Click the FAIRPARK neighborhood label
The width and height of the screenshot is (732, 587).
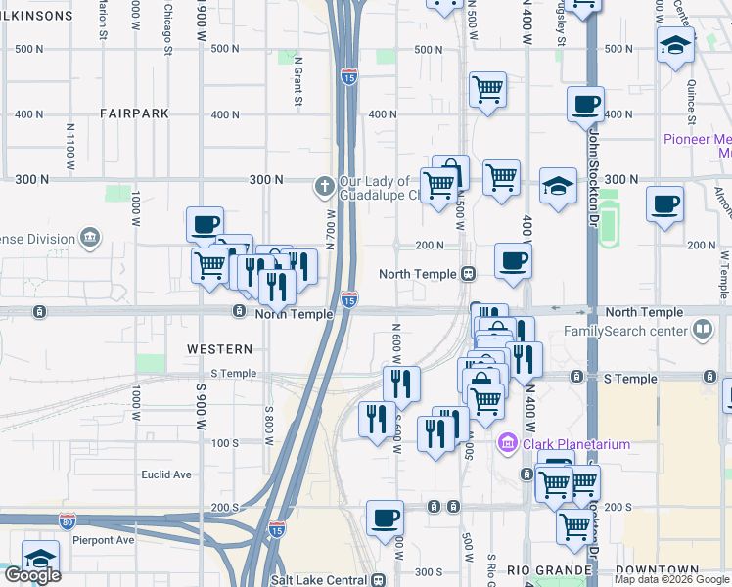coord(134,113)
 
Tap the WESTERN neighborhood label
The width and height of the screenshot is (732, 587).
coord(224,349)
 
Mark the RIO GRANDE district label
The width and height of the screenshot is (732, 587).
coord(548,570)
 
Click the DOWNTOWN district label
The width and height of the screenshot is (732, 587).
coord(659,570)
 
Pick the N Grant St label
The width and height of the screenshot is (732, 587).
coord(298,80)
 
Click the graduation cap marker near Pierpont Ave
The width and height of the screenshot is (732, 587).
coord(40,559)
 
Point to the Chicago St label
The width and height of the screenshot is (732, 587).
coord(168,18)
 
